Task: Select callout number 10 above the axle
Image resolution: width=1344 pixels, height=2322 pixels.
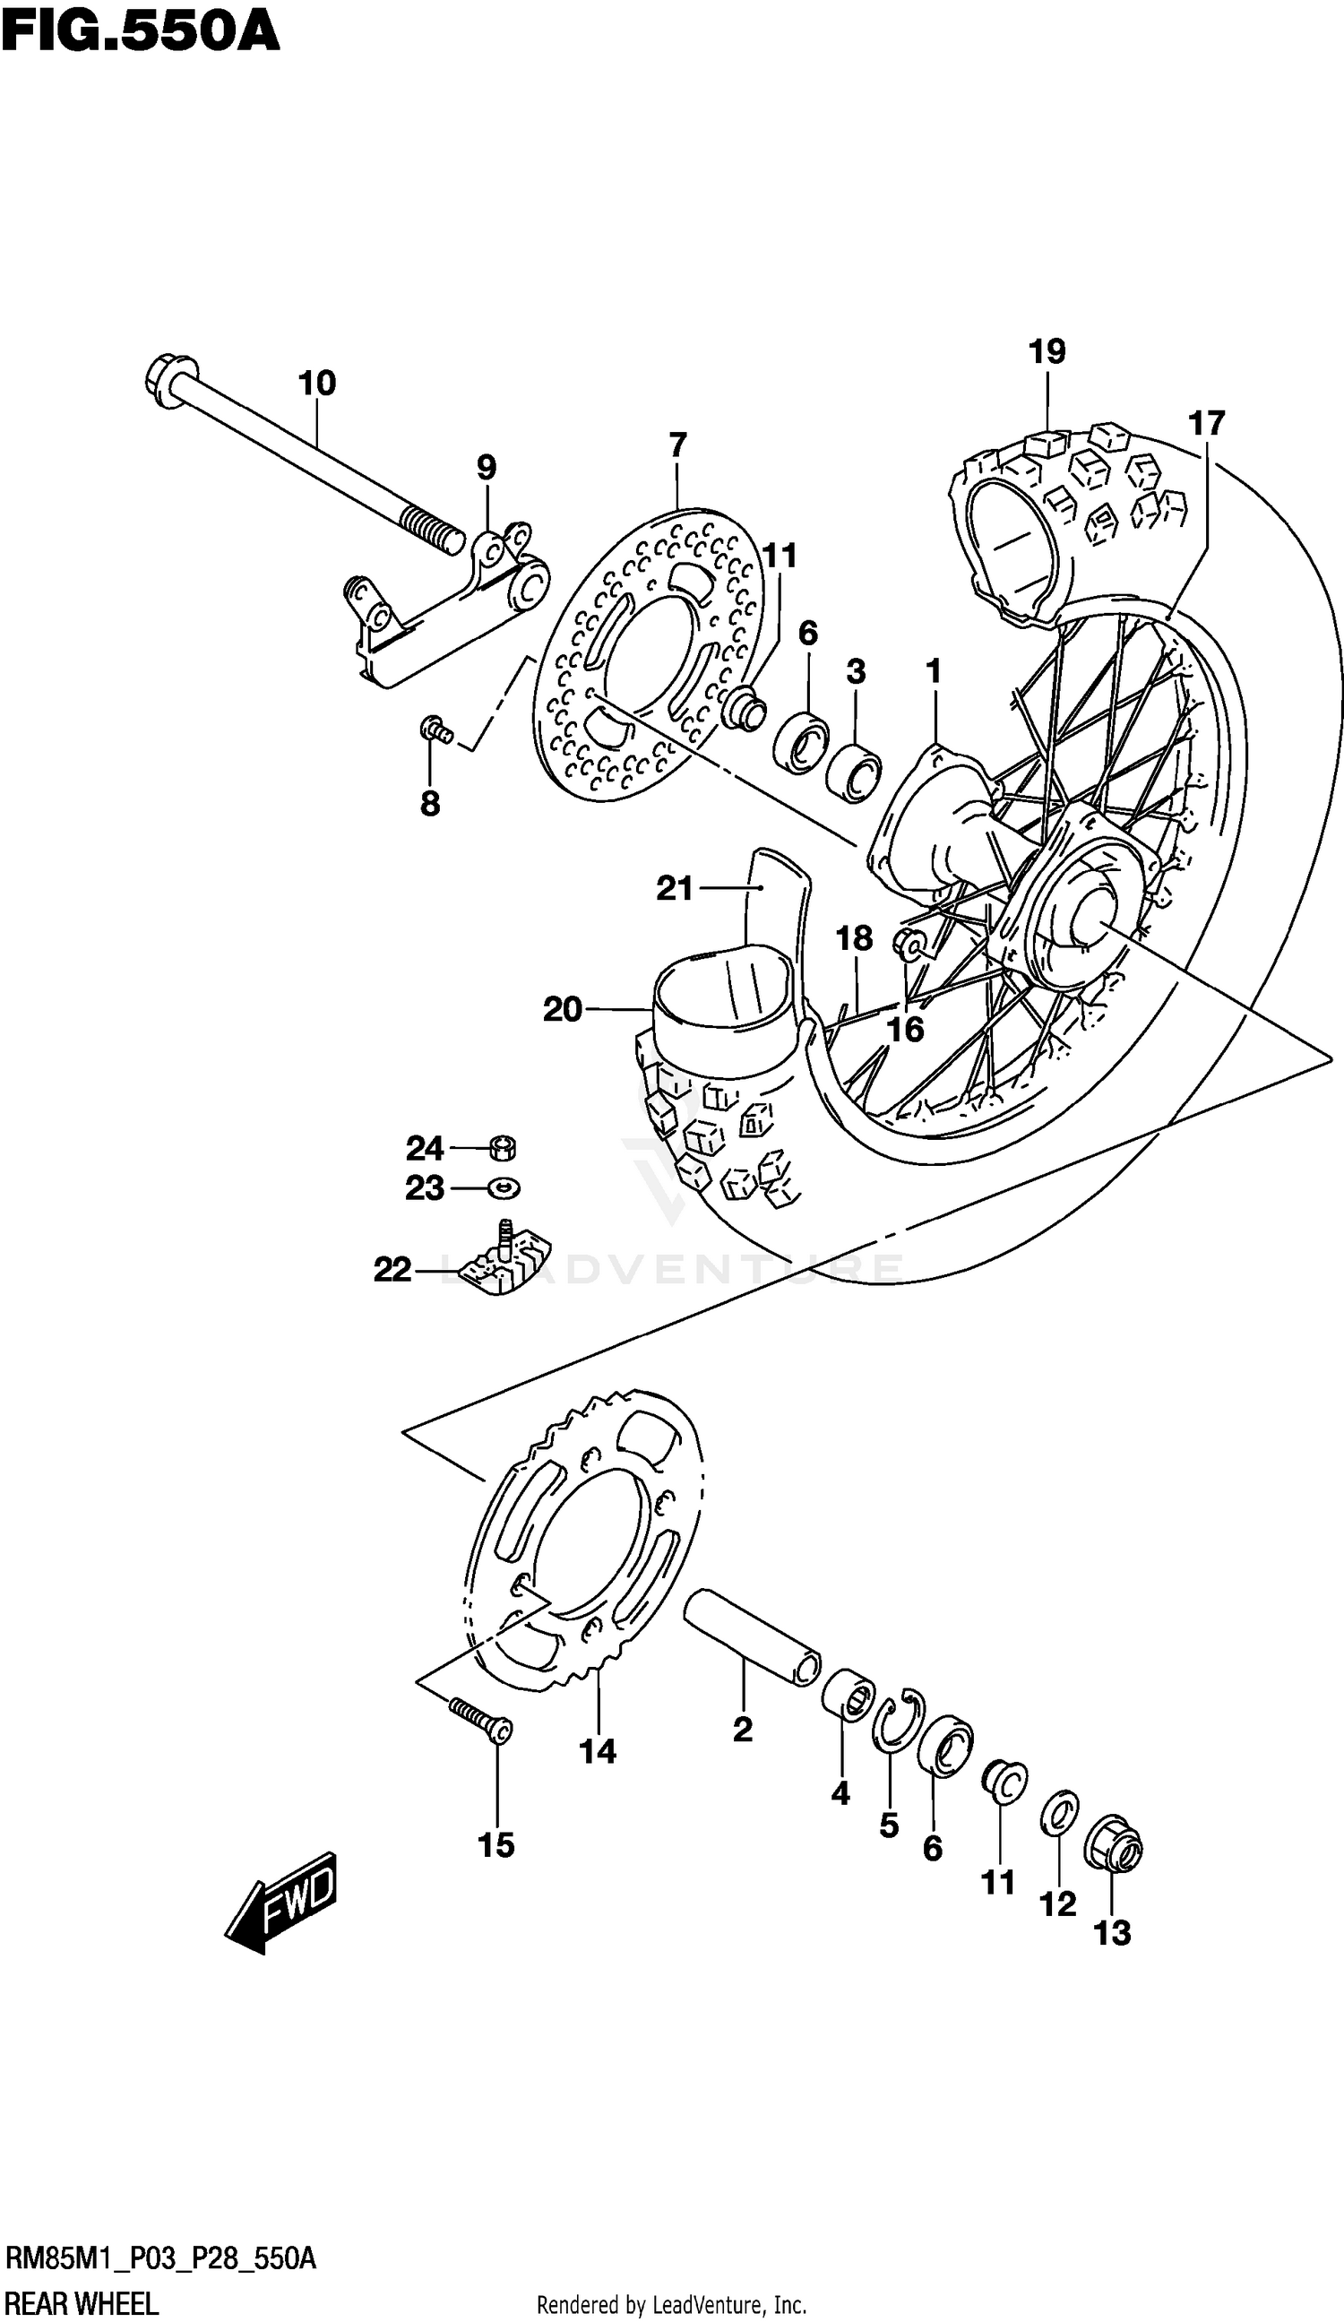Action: [317, 383]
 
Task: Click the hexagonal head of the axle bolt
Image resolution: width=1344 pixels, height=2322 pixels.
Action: [171, 380]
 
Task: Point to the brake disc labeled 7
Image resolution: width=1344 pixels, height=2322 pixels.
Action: [650, 654]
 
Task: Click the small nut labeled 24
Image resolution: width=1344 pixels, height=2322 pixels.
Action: [502, 1148]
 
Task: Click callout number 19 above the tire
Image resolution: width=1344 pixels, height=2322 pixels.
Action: [1047, 351]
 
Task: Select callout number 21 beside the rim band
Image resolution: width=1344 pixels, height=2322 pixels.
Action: [676, 888]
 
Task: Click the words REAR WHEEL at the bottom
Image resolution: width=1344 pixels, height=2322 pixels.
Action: [81, 2303]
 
